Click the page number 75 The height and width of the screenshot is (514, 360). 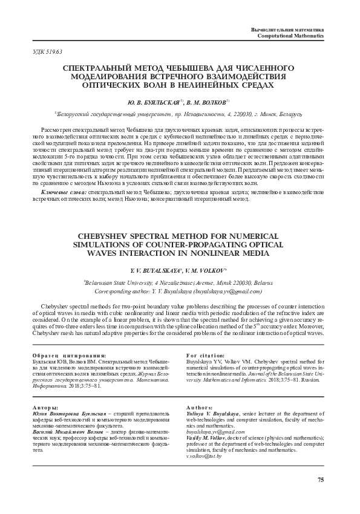(x=321, y=480)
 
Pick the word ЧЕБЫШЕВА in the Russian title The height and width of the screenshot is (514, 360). (x=173, y=70)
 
